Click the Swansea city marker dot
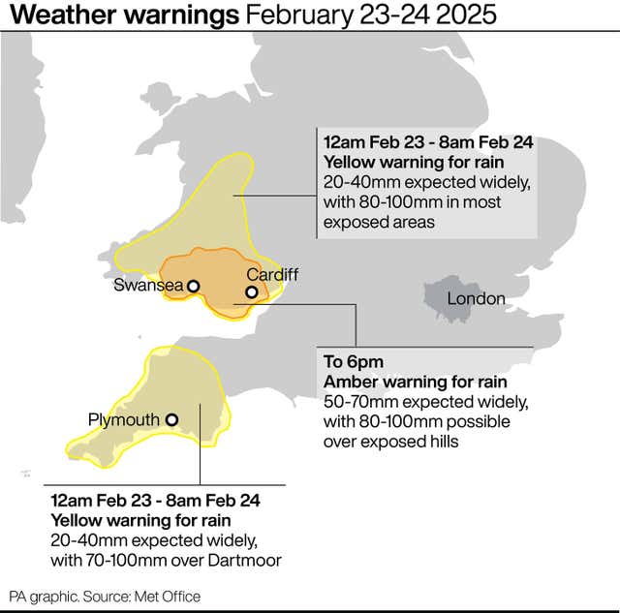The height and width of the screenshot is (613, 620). click(x=194, y=286)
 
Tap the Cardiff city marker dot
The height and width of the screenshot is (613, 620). click(x=251, y=291)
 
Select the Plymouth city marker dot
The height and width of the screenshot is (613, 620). click(x=171, y=420)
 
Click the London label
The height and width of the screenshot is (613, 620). click(x=476, y=298)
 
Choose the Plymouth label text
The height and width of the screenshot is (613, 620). click(x=123, y=420)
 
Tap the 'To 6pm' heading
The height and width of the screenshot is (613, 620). click(x=353, y=362)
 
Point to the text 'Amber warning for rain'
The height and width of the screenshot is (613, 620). click(x=414, y=382)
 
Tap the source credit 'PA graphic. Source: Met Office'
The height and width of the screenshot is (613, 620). click(x=105, y=597)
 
